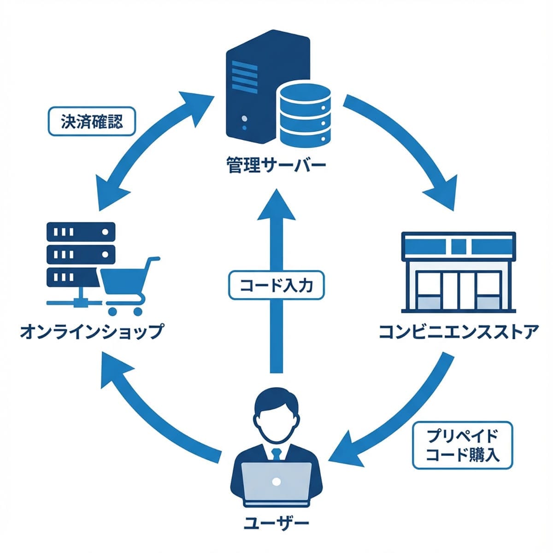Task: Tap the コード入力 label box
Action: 276,286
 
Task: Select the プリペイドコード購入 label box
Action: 462,445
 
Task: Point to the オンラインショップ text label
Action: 91,331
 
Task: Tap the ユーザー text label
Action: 276,523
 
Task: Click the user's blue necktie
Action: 276,454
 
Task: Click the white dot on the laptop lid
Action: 276,482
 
